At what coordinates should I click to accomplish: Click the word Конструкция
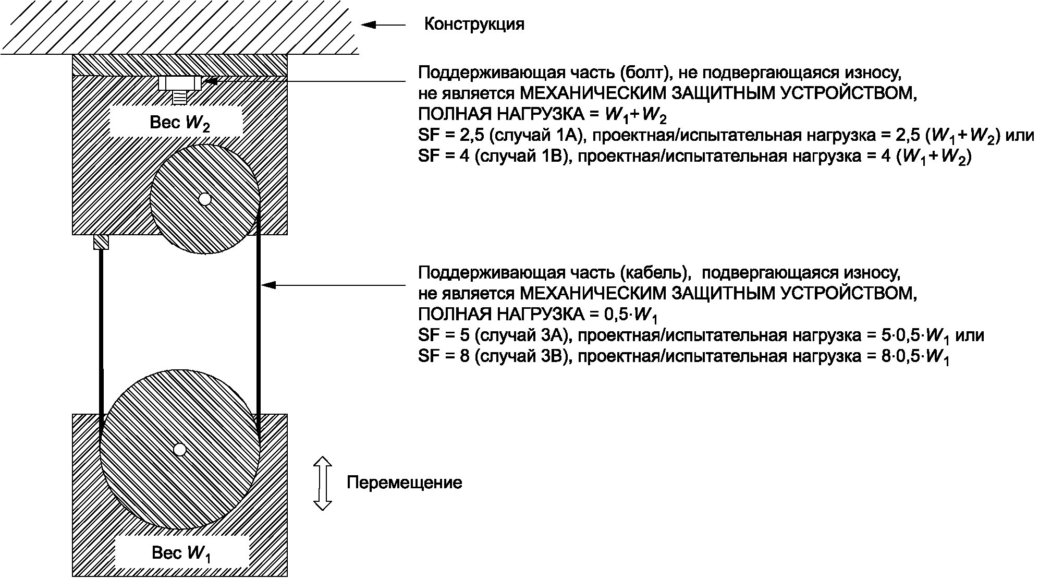tap(474, 25)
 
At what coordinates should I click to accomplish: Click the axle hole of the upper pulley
tap(205, 199)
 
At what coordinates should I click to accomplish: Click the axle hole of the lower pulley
tap(180, 449)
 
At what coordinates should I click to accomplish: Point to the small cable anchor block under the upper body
tap(101, 242)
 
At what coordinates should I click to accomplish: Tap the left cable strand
tap(101, 334)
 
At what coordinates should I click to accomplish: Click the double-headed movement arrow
tap(323, 483)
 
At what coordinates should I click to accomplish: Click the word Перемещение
tap(404, 483)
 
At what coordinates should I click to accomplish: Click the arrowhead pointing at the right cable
tap(268, 285)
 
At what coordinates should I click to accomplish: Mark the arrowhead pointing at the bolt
tap(210, 81)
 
